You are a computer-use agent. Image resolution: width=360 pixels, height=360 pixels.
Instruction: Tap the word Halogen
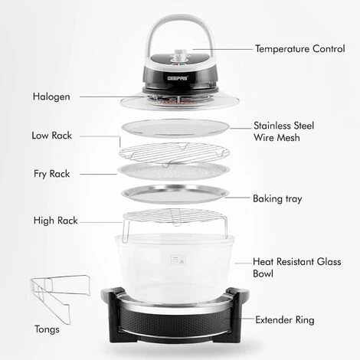(x=52, y=97)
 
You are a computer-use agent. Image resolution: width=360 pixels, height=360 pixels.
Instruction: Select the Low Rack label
(x=52, y=136)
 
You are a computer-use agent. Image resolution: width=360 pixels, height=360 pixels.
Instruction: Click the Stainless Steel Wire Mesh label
(x=283, y=131)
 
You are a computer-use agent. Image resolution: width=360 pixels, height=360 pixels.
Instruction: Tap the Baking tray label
(x=277, y=198)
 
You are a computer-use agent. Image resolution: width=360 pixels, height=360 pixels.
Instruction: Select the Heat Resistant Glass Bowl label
(x=290, y=267)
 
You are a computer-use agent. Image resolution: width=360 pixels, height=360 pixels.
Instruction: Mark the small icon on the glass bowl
(x=178, y=257)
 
